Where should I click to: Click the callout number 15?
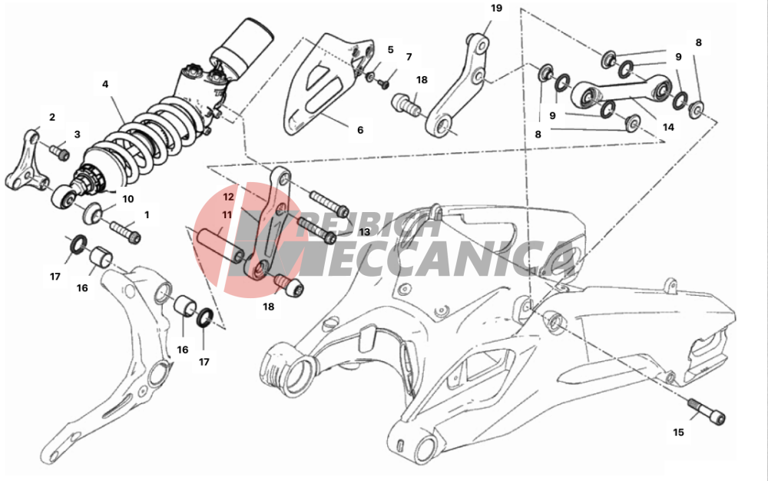[x=678, y=433]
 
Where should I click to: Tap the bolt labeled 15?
[x=707, y=410]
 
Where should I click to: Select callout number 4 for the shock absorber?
[x=105, y=85]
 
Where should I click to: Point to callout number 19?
[x=496, y=8]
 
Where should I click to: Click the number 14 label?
[x=668, y=128]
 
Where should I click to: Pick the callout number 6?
[x=360, y=130]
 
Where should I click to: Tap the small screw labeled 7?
[x=383, y=84]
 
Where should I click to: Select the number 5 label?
[x=390, y=49]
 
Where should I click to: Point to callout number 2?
[x=52, y=117]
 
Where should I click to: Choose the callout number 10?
[x=127, y=199]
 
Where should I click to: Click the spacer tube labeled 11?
[x=220, y=244]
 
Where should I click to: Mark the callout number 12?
[x=228, y=197]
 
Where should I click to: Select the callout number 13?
[x=364, y=232]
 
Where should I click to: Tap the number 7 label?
[x=409, y=57]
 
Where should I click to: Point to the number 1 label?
[x=147, y=214]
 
